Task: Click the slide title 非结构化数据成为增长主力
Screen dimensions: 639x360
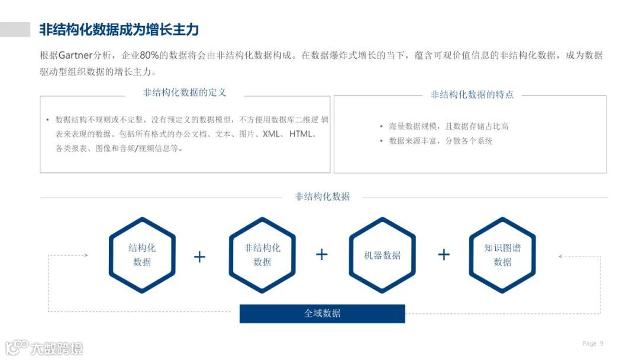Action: coord(118,30)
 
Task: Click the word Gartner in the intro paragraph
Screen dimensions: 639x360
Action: coord(76,56)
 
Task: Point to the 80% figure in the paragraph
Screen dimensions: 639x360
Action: coord(150,56)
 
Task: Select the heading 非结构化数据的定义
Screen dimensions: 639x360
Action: coord(185,93)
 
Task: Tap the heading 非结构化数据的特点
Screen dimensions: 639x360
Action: coord(472,95)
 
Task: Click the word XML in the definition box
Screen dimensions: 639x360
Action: coord(272,134)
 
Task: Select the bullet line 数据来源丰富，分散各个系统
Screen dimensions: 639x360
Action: coord(440,141)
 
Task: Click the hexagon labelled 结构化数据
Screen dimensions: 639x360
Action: coord(142,255)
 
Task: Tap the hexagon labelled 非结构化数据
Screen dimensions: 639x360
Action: coord(262,255)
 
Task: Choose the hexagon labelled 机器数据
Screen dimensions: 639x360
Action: coord(382,255)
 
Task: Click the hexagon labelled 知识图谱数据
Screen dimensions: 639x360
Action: coord(502,255)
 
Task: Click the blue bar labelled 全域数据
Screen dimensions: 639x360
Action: coord(322,314)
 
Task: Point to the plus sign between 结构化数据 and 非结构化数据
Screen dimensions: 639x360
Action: coord(200,257)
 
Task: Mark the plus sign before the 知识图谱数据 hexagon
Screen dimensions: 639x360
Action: coord(444,255)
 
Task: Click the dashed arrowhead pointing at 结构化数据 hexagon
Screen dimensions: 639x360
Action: coord(86,255)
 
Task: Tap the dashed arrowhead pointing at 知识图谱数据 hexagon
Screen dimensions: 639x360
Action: coord(560,256)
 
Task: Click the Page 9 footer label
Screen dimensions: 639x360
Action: coord(593,343)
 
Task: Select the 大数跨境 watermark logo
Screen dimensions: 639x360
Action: coord(44,347)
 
